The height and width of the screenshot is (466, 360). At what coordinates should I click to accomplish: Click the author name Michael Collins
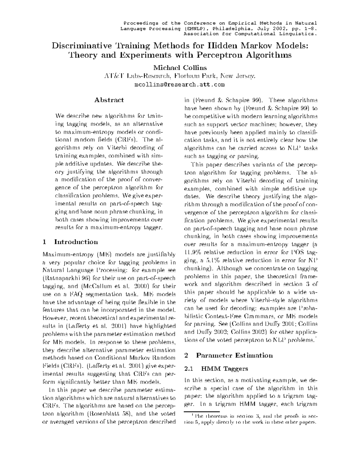tap(180, 68)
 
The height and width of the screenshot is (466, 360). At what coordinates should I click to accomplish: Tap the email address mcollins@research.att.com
tap(180, 85)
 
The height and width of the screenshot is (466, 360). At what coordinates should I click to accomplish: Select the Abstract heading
tap(109, 100)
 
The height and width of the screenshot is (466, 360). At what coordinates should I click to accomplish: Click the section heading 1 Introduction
tap(71, 242)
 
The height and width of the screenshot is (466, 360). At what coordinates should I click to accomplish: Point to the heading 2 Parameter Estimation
tap(228, 355)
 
